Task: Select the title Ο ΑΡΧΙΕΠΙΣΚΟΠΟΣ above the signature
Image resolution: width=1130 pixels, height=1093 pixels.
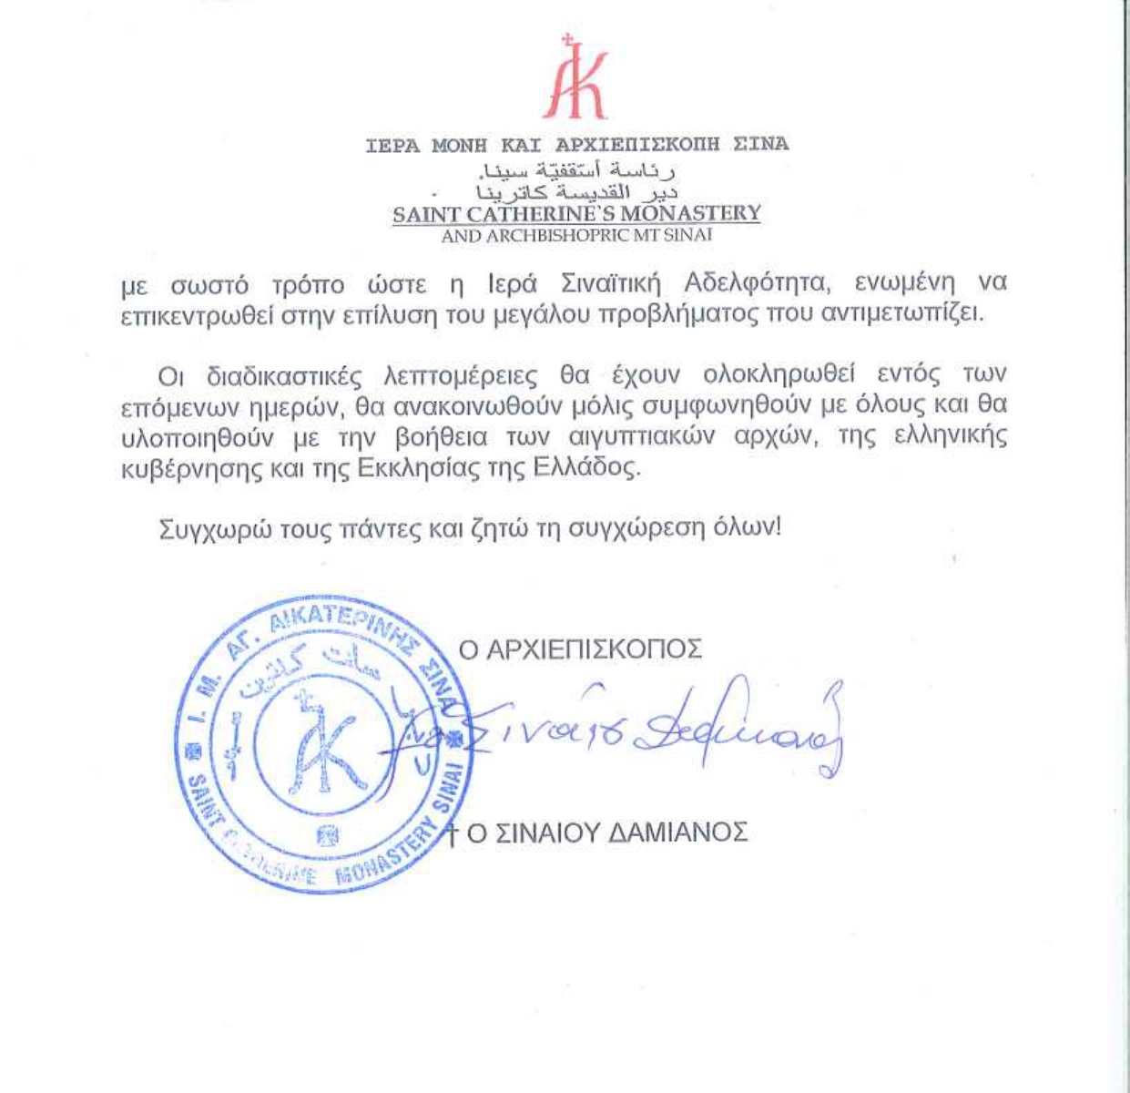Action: (x=579, y=649)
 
